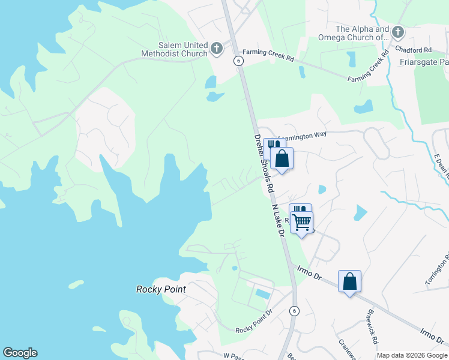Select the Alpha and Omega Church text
pyautogui.click(x=362, y=33)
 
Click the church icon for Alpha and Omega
pyautogui.click(x=397, y=31)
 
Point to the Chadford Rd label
pyautogui.click(x=419, y=50)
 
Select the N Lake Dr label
pyautogui.click(x=277, y=220)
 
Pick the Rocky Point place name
pyautogui.click(x=161, y=289)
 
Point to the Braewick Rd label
pyautogui.click(x=372, y=327)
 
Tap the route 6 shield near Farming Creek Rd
pyautogui.click(x=238, y=61)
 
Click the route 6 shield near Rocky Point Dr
pyautogui.click(x=294, y=310)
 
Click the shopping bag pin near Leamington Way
pyautogui.click(x=282, y=158)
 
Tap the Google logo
pyautogui.click(x=20, y=353)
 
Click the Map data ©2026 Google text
pyautogui.click(x=411, y=355)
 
